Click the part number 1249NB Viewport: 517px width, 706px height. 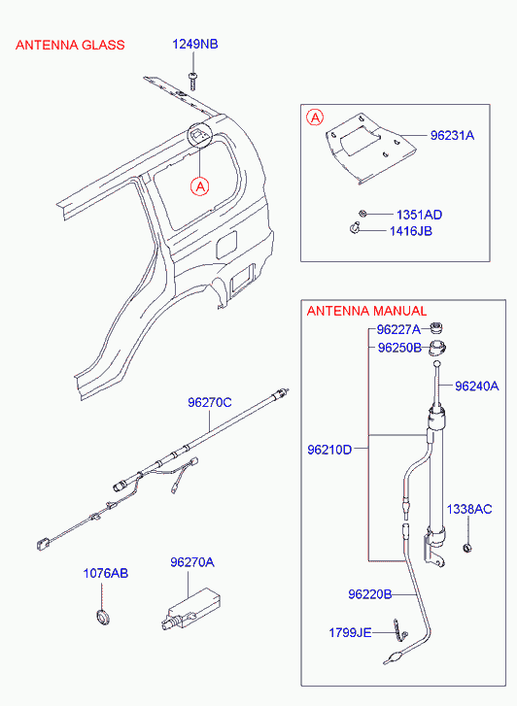pos(195,44)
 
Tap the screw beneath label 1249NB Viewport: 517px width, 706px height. pos(193,82)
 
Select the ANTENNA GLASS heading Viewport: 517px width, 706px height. pos(70,45)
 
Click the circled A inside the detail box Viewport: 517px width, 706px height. pos(315,118)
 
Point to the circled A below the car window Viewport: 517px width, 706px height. pos(199,185)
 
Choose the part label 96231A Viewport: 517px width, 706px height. pos(452,135)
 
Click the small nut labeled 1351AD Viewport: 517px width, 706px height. pos(362,214)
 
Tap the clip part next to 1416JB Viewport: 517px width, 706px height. pos(355,229)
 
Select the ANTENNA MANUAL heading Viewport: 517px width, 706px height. pos(366,311)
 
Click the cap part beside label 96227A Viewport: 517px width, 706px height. pos(436,328)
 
